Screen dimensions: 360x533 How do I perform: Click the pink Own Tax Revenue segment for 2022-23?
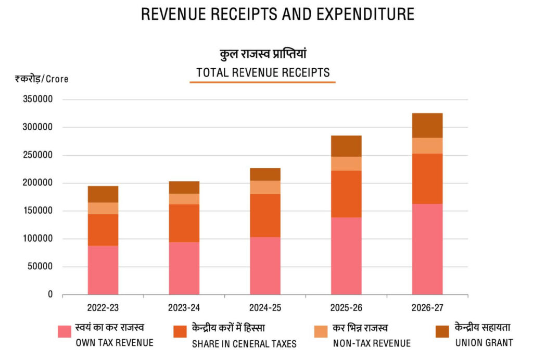(103, 270)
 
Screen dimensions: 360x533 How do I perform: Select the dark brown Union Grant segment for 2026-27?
(427, 125)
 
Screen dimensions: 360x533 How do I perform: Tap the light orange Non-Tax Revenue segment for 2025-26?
(346, 164)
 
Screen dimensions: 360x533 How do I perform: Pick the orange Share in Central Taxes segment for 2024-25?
(265, 215)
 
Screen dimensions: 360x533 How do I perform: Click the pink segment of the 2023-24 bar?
(184, 268)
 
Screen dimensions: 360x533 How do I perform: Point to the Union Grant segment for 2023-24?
(184, 187)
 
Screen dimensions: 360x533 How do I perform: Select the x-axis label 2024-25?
(265, 308)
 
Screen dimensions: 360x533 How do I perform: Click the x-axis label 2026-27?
(427, 308)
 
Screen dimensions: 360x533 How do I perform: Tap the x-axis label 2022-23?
(103, 308)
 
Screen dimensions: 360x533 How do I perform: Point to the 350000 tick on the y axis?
(38, 100)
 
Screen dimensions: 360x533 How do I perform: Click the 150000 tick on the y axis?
(38, 211)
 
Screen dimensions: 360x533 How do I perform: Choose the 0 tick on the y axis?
(50, 295)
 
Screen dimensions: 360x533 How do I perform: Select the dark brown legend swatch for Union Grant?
(441, 331)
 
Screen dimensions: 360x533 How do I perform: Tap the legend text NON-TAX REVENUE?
(371, 343)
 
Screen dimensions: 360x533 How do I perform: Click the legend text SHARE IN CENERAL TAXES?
(244, 344)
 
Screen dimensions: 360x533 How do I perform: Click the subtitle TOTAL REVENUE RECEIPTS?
(263, 73)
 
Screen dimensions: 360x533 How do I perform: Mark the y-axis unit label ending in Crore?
(42, 79)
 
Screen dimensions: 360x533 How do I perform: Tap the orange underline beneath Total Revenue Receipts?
(262, 82)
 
